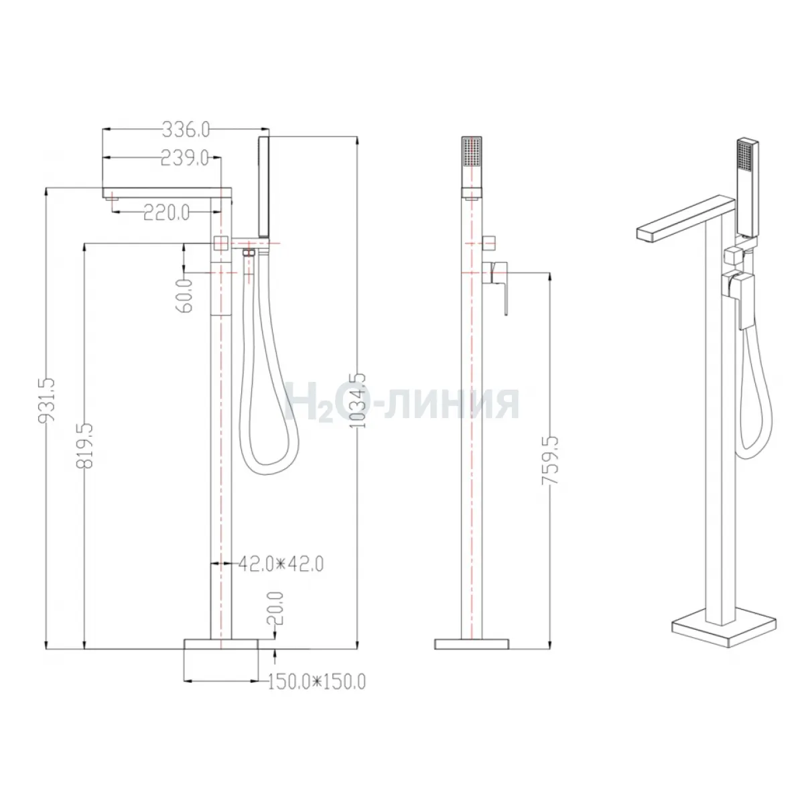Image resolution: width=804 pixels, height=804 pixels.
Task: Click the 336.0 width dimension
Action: (x=186, y=130)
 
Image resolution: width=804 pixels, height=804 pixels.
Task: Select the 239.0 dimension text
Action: (x=185, y=158)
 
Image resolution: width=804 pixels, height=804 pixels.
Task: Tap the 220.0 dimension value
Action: (x=166, y=213)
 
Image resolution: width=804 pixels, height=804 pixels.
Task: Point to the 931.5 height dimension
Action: (x=47, y=401)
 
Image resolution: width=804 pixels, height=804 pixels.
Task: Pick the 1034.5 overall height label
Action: (x=358, y=401)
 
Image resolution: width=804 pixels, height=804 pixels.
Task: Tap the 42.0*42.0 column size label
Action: (x=281, y=565)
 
